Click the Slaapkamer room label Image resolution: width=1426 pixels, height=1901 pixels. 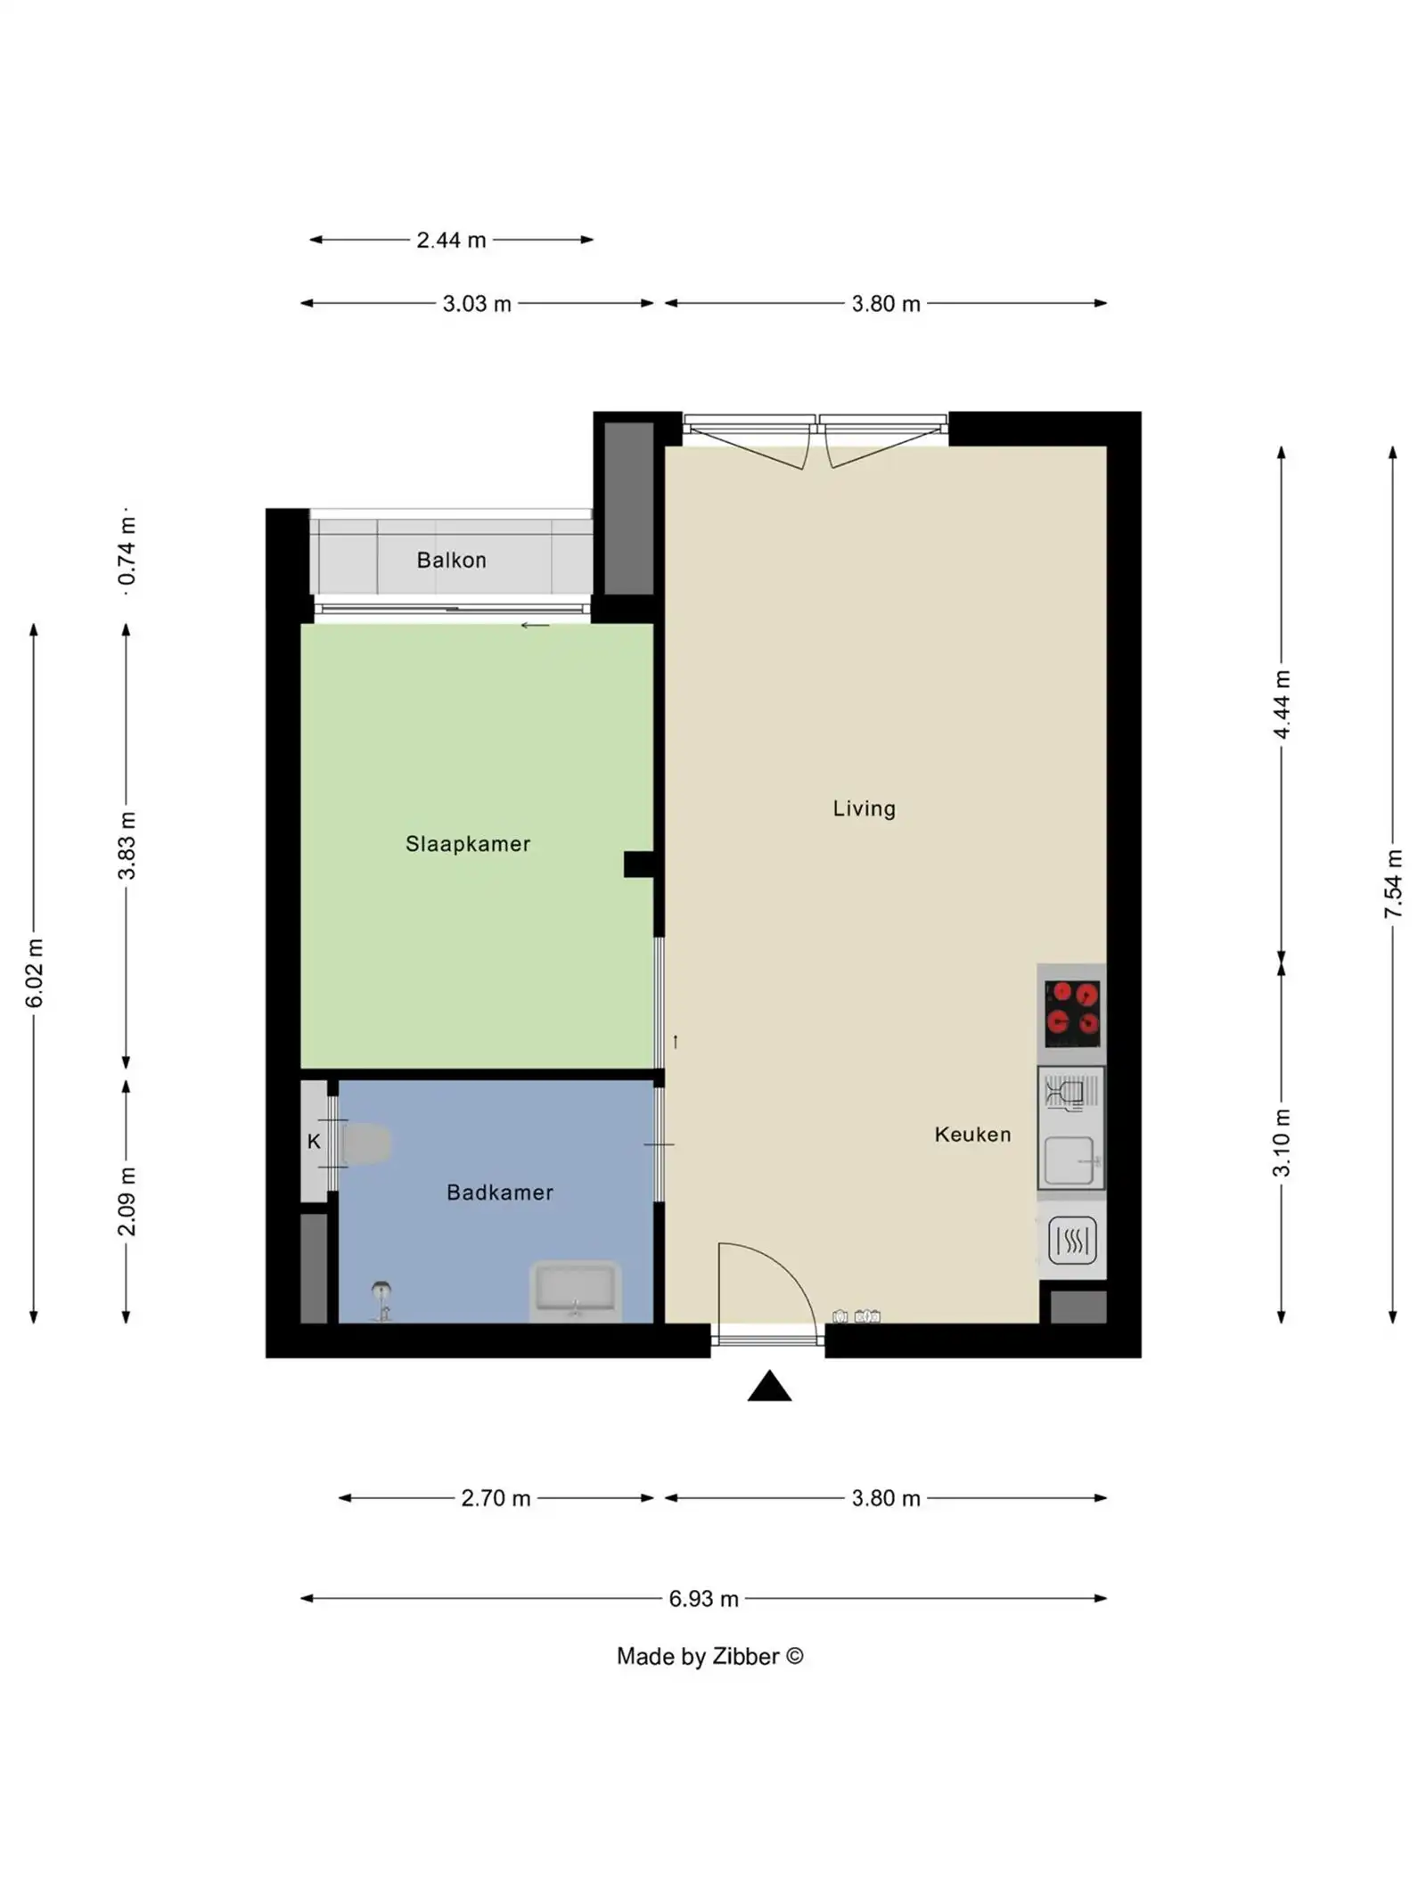[467, 843]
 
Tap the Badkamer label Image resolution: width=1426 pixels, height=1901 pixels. [499, 1192]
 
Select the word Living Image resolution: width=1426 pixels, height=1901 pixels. [864, 808]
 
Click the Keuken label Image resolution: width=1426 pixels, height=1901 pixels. [972, 1134]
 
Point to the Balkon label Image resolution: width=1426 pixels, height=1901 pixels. [451, 560]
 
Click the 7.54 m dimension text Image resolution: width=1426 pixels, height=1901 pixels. [1393, 883]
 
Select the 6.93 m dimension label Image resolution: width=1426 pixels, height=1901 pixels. [703, 1598]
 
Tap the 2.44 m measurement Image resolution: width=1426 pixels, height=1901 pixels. [451, 240]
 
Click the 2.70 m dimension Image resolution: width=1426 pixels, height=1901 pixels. [496, 1498]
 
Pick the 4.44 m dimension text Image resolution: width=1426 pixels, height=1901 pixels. [1282, 704]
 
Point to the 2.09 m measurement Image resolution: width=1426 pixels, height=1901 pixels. [127, 1200]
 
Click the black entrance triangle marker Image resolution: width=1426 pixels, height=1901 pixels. [769, 1388]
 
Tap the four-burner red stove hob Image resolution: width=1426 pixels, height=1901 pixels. [1072, 1013]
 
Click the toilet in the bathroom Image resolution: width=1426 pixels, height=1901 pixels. [365, 1143]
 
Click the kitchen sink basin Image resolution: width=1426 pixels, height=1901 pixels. [1069, 1160]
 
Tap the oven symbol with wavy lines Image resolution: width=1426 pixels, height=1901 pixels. [1071, 1240]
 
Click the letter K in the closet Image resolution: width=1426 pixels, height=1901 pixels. [314, 1141]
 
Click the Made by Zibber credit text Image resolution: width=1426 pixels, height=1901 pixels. [709, 1656]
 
